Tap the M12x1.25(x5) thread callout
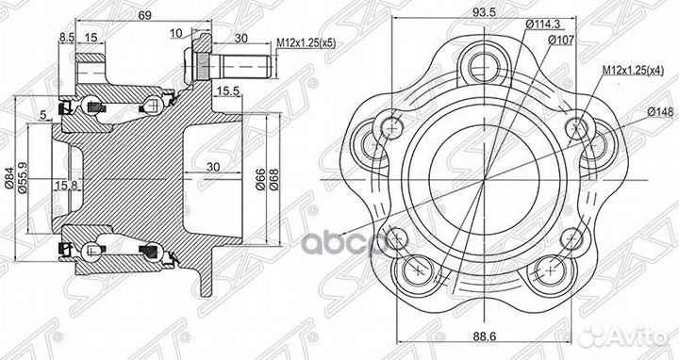(306, 42)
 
